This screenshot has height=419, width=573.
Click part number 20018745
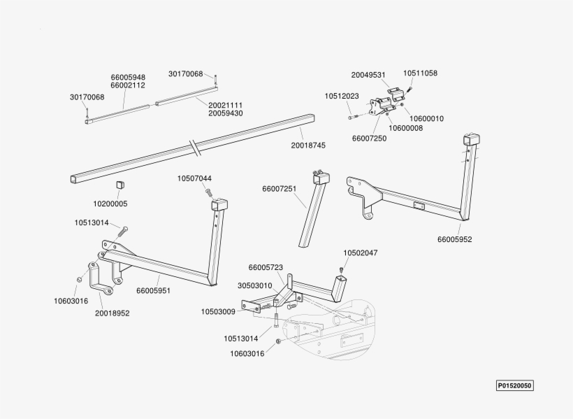[308, 145]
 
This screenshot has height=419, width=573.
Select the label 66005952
[455, 239]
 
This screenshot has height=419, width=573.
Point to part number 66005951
[153, 290]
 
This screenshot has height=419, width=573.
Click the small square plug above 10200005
[119, 185]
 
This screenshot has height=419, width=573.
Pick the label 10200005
[110, 204]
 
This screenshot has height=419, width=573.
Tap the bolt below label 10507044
[208, 192]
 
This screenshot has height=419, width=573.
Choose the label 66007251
[280, 189]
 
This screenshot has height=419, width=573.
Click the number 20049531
[368, 74]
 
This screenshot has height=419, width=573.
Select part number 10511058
[420, 73]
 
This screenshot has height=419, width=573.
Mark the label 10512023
[342, 96]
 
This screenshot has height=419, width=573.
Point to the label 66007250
[369, 139]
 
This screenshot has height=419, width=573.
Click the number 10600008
[405, 128]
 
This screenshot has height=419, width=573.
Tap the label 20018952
[113, 313]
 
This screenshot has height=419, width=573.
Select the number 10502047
[360, 253]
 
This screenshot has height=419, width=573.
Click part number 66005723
[266, 267]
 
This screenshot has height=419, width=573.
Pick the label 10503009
[218, 311]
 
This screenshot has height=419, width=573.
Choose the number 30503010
[254, 285]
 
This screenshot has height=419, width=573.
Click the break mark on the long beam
[194, 148]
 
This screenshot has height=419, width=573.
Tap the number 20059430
[225, 113]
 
